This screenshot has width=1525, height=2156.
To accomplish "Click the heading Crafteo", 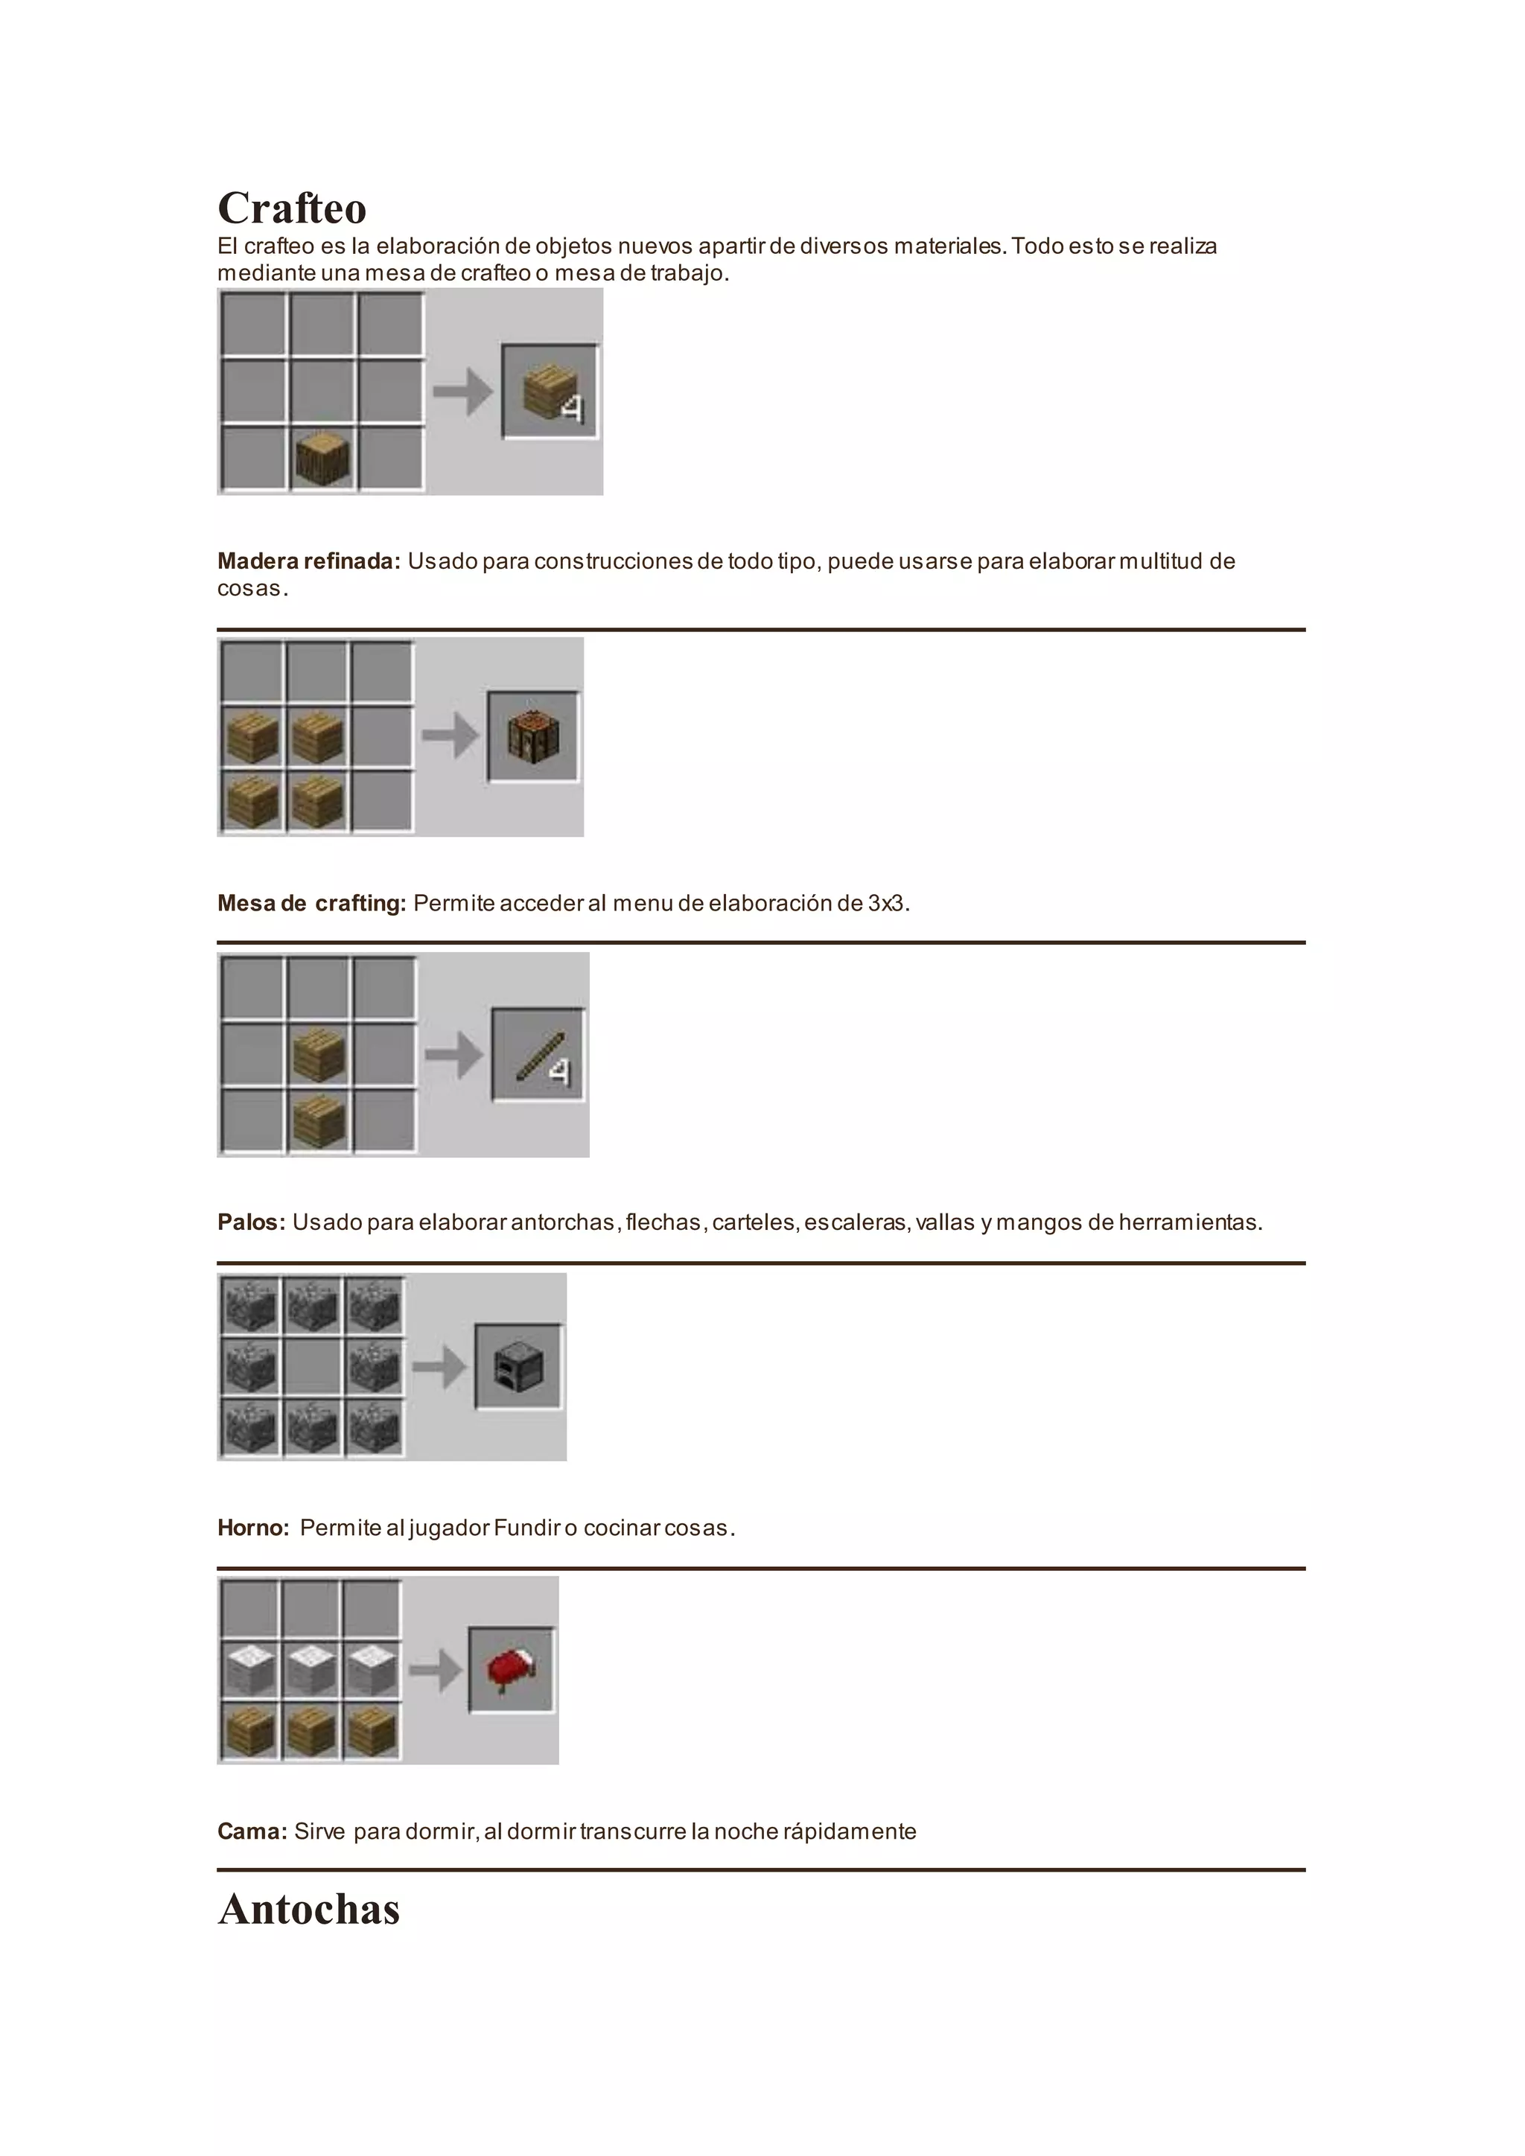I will click(292, 208).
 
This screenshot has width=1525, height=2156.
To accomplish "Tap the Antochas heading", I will click(309, 1909).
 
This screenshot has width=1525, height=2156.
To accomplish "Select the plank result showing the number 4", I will click(550, 391).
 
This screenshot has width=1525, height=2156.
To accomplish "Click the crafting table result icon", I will click(533, 737).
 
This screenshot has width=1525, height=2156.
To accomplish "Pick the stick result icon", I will click(538, 1054).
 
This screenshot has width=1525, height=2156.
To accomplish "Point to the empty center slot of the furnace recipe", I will click(312, 1366).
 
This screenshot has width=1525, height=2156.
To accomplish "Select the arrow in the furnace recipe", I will click(439, 1366).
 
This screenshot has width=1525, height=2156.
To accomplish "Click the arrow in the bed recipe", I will click(436, 1670).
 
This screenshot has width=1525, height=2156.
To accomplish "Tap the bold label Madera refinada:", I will click(309, 561).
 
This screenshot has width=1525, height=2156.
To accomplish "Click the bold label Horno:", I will click(253, 1528).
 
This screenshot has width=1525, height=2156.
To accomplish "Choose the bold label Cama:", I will click(252, 1831).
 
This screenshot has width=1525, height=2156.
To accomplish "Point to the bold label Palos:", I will click(251, 1222).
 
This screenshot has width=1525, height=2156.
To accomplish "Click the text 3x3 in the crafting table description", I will click(885, 903).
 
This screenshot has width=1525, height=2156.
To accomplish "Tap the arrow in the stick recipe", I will click(453, 1054).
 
